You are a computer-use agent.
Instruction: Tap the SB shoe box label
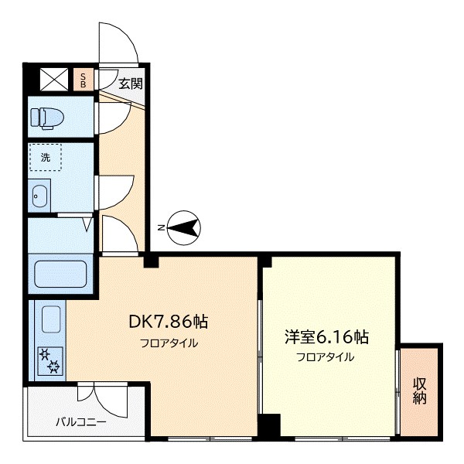pyautogui.click(x=84, y=80)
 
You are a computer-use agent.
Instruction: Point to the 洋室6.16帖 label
pyautogui.click(x=326, y=337)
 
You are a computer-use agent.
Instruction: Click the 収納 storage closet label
pyautogui.click(x=420, y=391)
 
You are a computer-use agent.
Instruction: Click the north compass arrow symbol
pyautogui.click(x=185, y=227)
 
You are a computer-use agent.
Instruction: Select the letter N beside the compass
pyautogui.click(x=160, y=227)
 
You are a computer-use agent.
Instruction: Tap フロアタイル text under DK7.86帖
pyautogui.click(x=169, y=343)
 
